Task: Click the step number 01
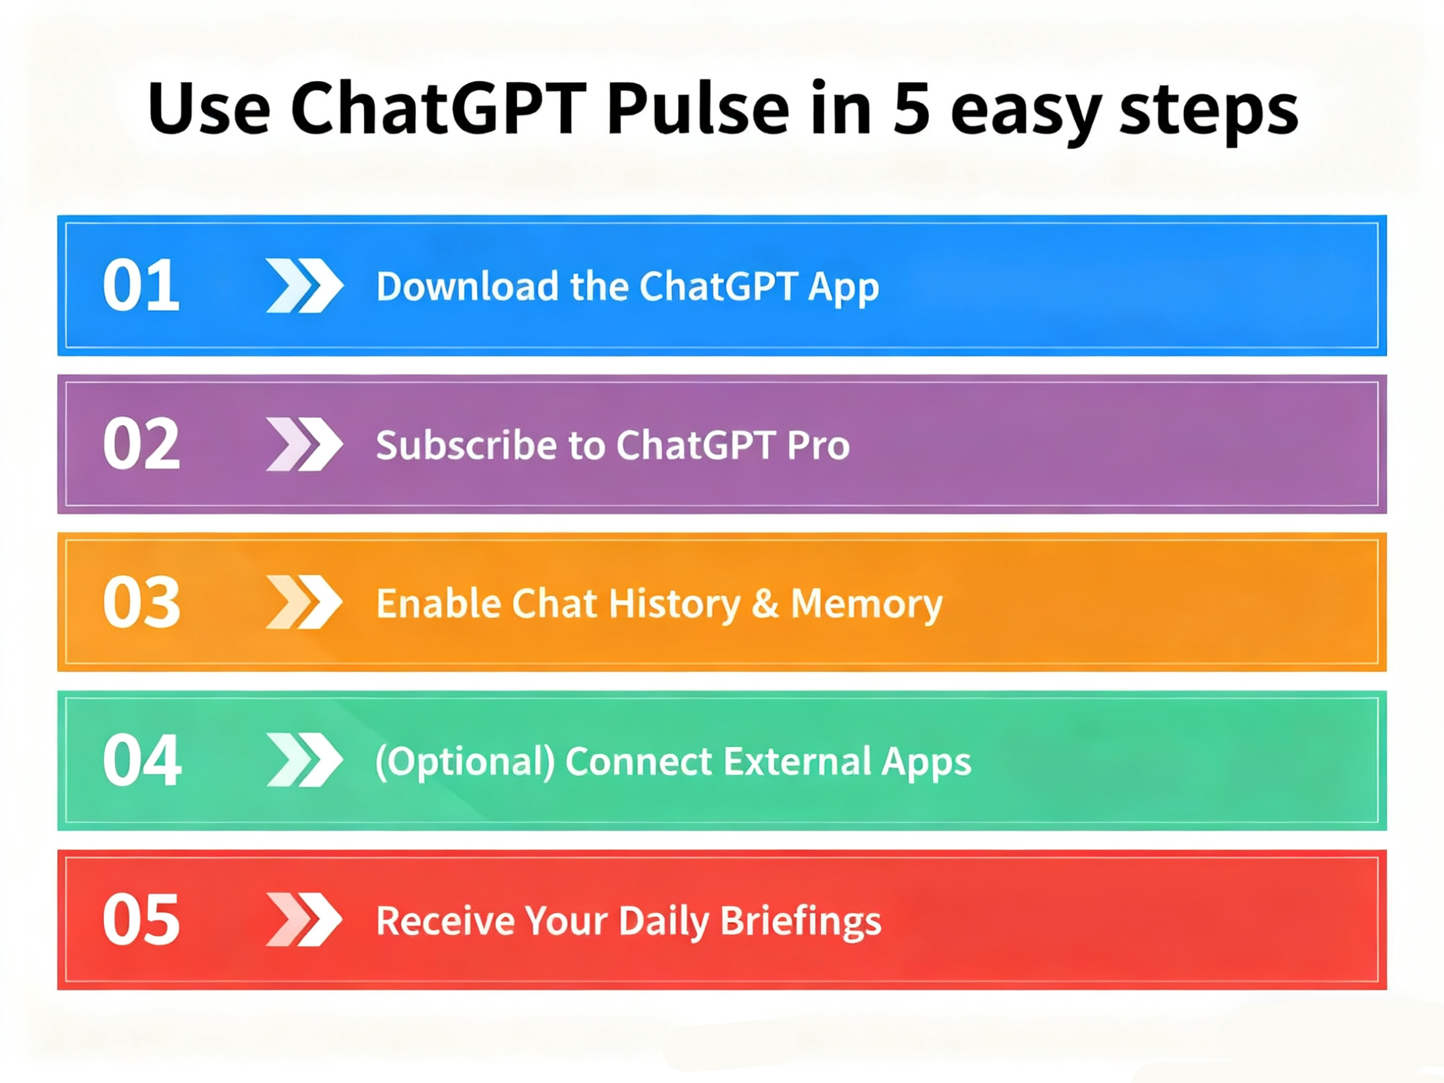click(x=141, y=285)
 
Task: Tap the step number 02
click(x=141, y=444)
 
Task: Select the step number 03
click(x=141, y=602)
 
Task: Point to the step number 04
click(x=142, y=760)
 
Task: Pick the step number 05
click(x=141, y=919)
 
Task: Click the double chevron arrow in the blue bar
click(x=304, y=285)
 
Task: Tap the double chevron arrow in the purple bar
click(x=304, y=444)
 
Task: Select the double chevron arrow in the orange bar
click(x=304, y=602)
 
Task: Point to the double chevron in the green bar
click(x=304, y=760)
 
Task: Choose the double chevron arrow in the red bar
click(x=304, y=919)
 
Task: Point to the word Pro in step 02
click(x=818, y=445)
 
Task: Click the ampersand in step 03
click(x=765, y=603)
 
